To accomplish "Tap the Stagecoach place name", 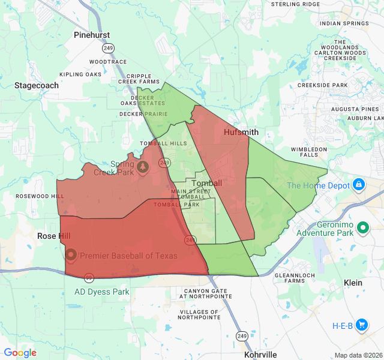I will [37, 86].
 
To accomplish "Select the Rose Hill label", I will [53, 236].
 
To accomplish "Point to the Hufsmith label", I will [241, 132].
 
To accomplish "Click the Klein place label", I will [353, 282].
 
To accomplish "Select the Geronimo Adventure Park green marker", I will [362, 227].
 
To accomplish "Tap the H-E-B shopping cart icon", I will [361, 325].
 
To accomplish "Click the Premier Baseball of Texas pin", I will [71, 254].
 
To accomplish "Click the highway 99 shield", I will [89, 277].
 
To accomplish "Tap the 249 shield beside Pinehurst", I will [107, 48].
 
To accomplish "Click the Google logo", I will [20, 353].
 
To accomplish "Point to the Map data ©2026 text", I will [358, 355].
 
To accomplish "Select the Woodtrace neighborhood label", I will [108, 62].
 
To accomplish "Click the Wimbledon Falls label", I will [308, 152].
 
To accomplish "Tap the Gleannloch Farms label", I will [291, 277].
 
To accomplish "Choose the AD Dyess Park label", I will [102, 292].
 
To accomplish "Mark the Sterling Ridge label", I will [295, 4].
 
